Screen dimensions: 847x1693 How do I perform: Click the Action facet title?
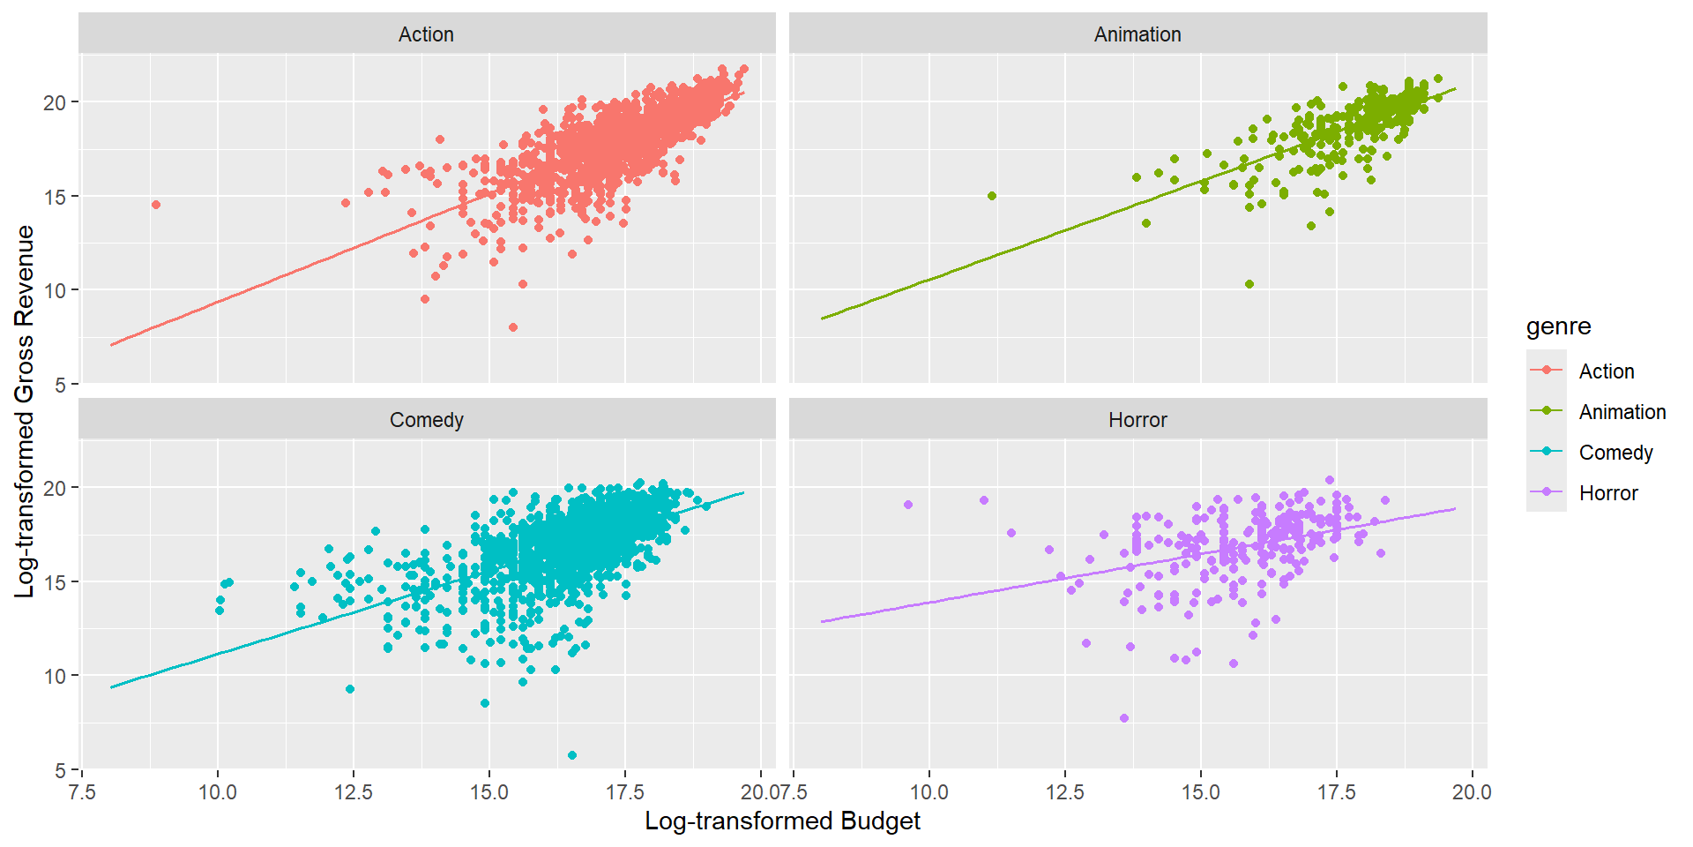(x=426, y=34)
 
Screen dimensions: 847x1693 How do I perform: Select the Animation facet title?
(x=1137, y=34)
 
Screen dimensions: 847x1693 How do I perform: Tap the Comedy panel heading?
(x=426, y=420)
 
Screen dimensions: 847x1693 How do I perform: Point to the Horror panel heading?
(x=1137, y=420)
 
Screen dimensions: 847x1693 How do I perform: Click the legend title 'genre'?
(x=1558, y=326)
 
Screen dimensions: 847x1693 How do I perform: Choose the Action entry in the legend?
(x=1606, y=371)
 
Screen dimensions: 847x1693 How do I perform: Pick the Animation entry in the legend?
(x=1622, y=412)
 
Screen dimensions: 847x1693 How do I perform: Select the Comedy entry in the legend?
(x=1615, y=453)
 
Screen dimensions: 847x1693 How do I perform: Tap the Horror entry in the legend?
(x=1607, y=493)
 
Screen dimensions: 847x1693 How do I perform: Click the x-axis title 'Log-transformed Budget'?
(x=782, y=821)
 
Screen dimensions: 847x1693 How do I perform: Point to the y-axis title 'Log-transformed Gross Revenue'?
(x=25, y=411)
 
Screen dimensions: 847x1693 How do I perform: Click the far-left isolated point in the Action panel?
(x=156, y=205)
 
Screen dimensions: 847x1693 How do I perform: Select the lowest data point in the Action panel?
(x=513, y=327)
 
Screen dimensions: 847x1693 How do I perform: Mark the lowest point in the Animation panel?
(x=1249, y=284)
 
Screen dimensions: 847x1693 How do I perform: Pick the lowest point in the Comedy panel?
(x=572, y=755)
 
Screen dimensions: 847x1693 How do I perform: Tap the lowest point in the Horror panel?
(x=1124, y=718)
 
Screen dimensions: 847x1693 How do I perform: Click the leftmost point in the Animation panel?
(x=992, y=196)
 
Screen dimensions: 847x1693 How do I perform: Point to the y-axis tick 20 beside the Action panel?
(x=55, y=102)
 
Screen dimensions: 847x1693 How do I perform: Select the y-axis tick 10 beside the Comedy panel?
(x=55, y=676)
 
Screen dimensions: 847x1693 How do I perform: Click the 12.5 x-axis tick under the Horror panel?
(x=1064, y=792)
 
